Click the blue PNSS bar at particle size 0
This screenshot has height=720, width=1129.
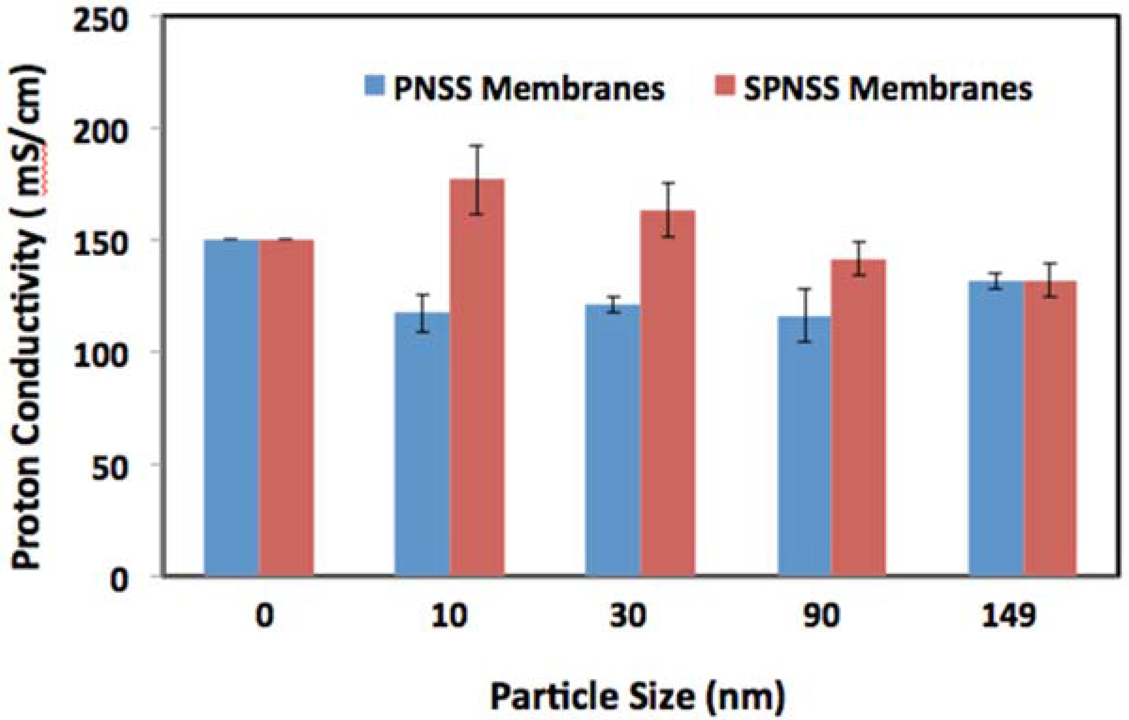[x=231, y=407]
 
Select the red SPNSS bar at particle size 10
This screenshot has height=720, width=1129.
[x=476, y=377]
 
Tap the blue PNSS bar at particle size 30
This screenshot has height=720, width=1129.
[x=612, y=440]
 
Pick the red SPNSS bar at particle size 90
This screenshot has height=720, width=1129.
[x=858, y=417]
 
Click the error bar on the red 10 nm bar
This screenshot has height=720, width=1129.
[x=476, y=180]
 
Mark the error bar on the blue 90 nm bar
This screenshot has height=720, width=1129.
[x=806, y=315]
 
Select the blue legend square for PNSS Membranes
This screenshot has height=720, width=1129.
[x=374, y=86]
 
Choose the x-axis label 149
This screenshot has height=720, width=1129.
[x=1008, y=615]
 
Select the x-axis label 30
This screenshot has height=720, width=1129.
[x=628, y=615]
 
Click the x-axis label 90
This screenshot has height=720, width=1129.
[x=821, y=615]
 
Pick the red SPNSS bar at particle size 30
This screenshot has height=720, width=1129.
[x=667, y=391]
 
